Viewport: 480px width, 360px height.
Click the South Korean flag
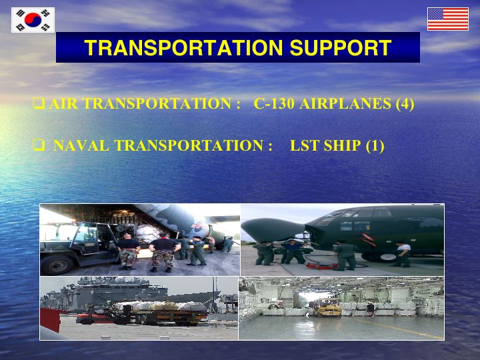[x=33, y=20]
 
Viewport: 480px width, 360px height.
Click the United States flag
[x=448, y=19]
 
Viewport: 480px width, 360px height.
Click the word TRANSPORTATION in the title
[x=184, y=48]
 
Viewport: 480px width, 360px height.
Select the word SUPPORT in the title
[x=341, y=48]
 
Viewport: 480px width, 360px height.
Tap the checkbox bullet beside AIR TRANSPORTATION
[x=39, y=103]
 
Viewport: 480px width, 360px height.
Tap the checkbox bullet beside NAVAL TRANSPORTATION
[x=39, y=145]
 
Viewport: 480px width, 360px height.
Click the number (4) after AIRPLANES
[x=405, y=104]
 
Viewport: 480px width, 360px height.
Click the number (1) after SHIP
[x=375, y=146]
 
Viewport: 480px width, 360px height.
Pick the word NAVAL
[x=81, y=145]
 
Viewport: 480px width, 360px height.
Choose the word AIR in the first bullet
[x=63, y=103]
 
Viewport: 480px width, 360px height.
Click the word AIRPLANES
[x=345, y=103]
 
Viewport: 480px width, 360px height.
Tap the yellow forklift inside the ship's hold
[x=329, y=307]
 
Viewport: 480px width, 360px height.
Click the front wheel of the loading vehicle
[x=57, y=264]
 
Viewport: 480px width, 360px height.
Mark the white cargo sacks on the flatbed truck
[x=159, y=306]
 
